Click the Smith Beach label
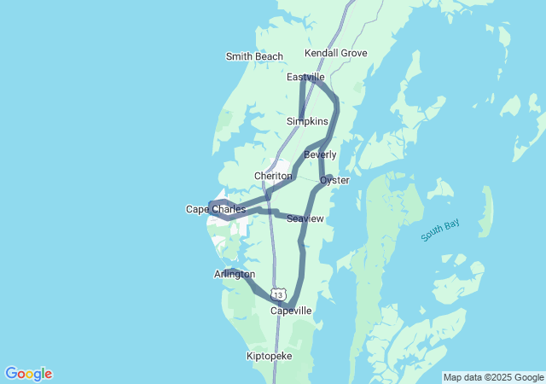[x=254, y=57]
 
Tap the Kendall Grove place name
[x=336, y=53]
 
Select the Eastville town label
[x=305, y=78]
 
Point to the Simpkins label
[x=307, y=122]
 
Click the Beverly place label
[x=320, y=154]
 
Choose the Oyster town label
[x=334, y=181]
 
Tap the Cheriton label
[x=273, y=176]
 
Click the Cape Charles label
[x=216, y=209]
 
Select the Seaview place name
[x=305, y=219]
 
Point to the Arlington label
[x=235, y=274]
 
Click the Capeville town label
[x=291, y=311]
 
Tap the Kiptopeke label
[x=269, y=355]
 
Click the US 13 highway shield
[x=279, y=294]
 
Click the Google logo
[x=28, y=374]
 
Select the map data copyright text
[x=493, y=377]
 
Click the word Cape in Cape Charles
[x=199, y=209]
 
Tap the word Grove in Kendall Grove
[x=354, y=53]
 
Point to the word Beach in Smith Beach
[x=269, y=57]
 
